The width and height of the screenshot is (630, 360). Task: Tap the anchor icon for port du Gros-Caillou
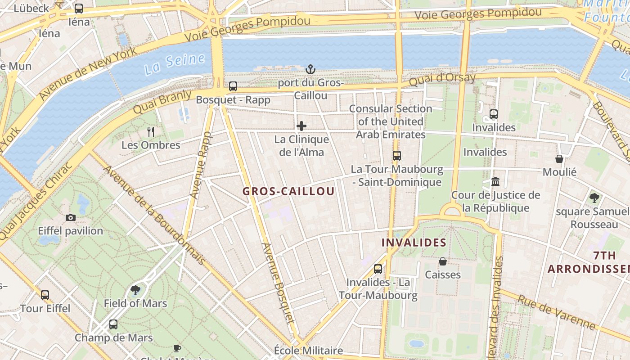tap(310, 69)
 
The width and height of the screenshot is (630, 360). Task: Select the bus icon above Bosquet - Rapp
tap(233, 86)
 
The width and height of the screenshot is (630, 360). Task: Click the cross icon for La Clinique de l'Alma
tap(301, 126)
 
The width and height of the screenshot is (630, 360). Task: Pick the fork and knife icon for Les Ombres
tap(151, 131)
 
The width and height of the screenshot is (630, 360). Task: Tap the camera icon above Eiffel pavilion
tap(70, 217)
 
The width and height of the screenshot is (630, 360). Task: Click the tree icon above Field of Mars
tap(135, 290)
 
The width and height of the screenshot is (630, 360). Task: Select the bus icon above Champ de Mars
tap(113, 324)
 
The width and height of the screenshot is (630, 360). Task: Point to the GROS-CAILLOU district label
tap(288, 191)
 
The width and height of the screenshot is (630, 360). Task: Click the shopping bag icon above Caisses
tap(443, 261)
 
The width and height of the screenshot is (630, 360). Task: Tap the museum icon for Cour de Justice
tap(495, 181)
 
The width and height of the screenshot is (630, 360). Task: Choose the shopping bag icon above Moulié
tap(559, 158)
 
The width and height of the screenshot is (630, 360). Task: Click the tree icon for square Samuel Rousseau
tap(594, 198)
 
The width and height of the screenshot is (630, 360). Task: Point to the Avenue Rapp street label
tap(200, 165)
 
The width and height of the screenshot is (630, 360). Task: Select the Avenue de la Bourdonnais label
tap(155, 215)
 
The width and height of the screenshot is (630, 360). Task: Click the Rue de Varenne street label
tap(556, 312)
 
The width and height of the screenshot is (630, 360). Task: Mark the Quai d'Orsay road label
tap(442, 80)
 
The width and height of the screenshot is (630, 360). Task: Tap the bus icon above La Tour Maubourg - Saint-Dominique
tap(396, 156)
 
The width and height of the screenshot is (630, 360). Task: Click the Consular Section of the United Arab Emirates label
tap(391, 121)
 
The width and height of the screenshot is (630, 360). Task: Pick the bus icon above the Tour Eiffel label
tap(45, 295)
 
